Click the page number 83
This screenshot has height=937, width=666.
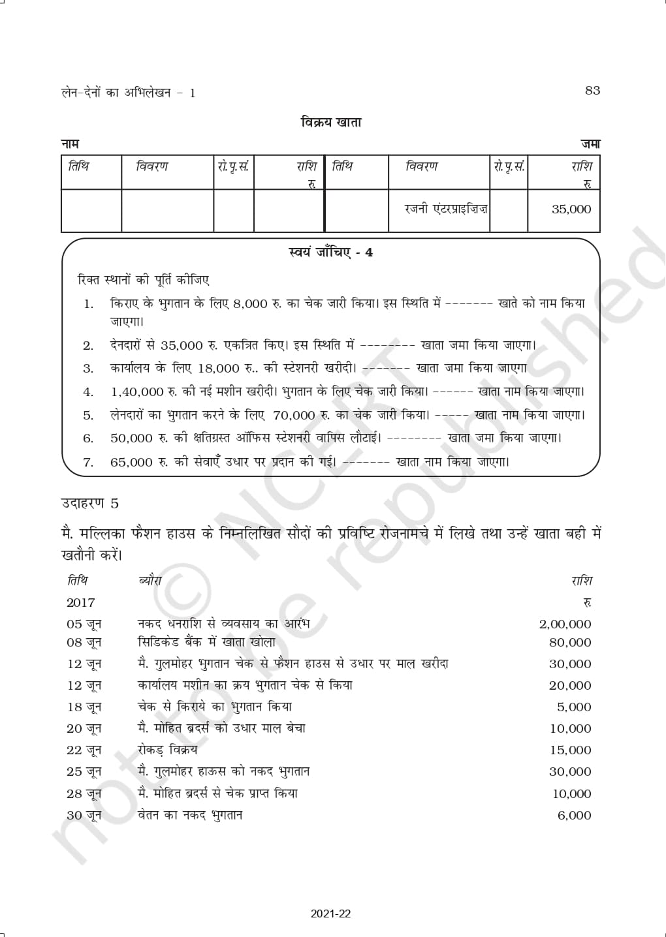click(592, 91)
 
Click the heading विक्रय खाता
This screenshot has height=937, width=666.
click(331, 122)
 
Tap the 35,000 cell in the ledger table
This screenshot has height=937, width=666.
click(571, 209)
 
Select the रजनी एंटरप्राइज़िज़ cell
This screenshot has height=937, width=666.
click(447, 209)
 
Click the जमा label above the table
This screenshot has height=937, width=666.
click(590, 144)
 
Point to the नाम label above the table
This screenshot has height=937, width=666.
click(70, 144)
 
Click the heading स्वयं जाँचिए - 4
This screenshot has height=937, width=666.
click(330, 253)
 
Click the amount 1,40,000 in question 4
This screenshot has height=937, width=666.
click(137, 392)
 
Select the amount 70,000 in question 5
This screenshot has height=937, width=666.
click(294, 415)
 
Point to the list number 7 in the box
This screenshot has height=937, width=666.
click(88, 463)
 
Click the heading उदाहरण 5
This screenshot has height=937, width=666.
click(89, 503)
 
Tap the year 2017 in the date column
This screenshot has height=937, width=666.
click(80, 603)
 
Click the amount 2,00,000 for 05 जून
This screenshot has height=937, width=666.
click(565, 624)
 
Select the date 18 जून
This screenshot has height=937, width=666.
click(84, 707)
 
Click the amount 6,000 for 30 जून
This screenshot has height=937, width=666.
click(574, 816)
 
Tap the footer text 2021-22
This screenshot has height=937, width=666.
click(331, 914)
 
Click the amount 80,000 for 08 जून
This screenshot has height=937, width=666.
click(570, 643)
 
